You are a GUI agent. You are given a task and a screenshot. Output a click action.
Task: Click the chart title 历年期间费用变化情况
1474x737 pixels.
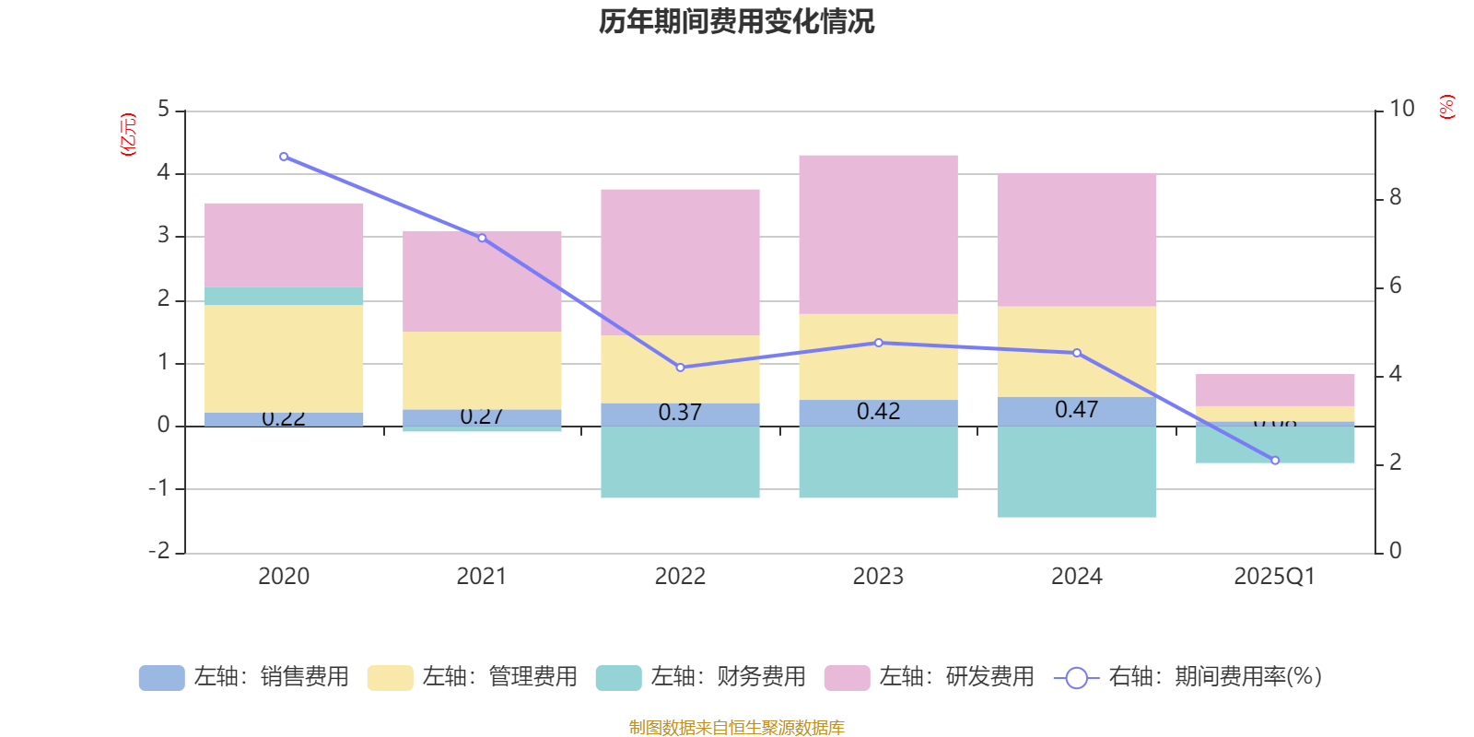pyautogui.click(x=736, y=22)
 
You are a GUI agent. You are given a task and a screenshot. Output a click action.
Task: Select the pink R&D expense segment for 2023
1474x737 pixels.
pyautogui.click(x=878, y=234)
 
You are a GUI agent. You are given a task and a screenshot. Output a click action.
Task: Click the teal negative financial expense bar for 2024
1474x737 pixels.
pyautogui.click(x=1076, y=472)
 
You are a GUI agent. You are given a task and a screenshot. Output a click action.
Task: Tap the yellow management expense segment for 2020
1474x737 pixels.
pyautogui.click(x=283, y=358)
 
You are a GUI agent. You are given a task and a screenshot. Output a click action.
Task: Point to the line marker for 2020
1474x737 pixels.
pyautogui.click(x=283, y=157)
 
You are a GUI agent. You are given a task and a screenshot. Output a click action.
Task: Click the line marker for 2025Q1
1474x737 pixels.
pyautogui.click(x=1275, y=461)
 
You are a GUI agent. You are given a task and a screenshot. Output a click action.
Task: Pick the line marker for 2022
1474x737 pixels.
pyautogui.click(x=680, y=368)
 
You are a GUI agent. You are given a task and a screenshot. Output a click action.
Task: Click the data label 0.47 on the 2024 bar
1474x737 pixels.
pyautogui.click(x=1076, y=410)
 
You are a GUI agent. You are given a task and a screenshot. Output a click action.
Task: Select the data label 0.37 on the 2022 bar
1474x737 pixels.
pyautogui.click(x=680, y=413)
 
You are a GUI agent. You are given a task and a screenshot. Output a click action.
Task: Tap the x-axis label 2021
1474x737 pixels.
pyautogui.click(x=481, y=577)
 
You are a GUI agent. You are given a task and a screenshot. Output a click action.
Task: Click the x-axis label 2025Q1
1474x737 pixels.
pyautogui.click(x=1274, y=577)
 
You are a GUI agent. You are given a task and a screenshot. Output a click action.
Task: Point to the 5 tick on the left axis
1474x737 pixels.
pyautogui.click(x=163, y=110)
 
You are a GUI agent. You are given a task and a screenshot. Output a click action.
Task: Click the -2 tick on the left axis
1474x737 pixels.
pyautogui.click(x=159, y=551)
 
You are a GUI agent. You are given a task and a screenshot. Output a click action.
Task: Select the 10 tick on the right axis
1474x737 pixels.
pyautogui.click(x=1401, y=109)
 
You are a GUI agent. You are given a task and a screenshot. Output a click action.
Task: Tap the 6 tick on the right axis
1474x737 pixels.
pyautogui.click(x=1395, y=286)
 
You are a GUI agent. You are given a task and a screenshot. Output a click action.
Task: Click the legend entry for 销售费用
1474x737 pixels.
pyautogui.click(x=245, y=677)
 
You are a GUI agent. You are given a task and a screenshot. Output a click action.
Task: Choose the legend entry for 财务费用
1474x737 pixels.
pyautogui.click(x=701, y=677)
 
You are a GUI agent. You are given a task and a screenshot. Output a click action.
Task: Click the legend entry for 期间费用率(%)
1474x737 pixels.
pyautogui.click(x=1188, y=677)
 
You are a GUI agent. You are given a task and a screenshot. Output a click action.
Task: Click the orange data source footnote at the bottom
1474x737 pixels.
pyautogui.click(x=736, y=728)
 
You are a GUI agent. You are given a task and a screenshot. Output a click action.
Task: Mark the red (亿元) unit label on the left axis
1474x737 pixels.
pyautogui.click(x=128, y=135)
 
